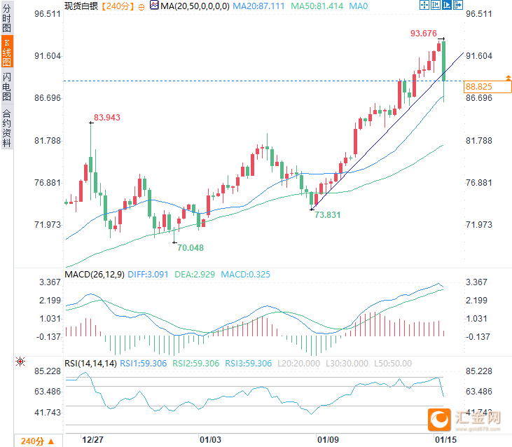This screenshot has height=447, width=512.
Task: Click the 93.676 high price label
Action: click(x=424, y=34)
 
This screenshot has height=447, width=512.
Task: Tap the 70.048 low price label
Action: click(x=191, y=247)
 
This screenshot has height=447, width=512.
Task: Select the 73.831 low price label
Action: click(x=327, y=215)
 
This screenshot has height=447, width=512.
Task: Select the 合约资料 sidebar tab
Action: click(x=7, y=128)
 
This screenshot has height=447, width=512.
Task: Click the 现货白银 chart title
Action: click(x=81, y=6)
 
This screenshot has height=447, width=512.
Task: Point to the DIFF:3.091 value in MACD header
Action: click(x=149, y=275)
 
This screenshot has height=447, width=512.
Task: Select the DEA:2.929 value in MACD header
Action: click(x=196, y=275)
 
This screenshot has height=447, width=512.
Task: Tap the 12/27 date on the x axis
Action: click(x=93, y=440)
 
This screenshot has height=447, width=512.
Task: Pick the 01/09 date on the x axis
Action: click(x=328, y=440)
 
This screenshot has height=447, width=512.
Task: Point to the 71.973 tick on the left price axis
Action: click(x=46, y=225)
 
